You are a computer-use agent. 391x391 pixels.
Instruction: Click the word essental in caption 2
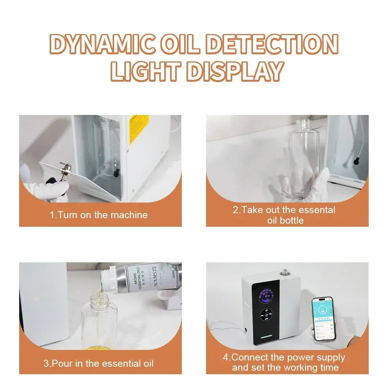point(316,210)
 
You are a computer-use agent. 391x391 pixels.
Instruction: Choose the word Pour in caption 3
point(63,363)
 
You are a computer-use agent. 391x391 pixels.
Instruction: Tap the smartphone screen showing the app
point(323,319)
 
